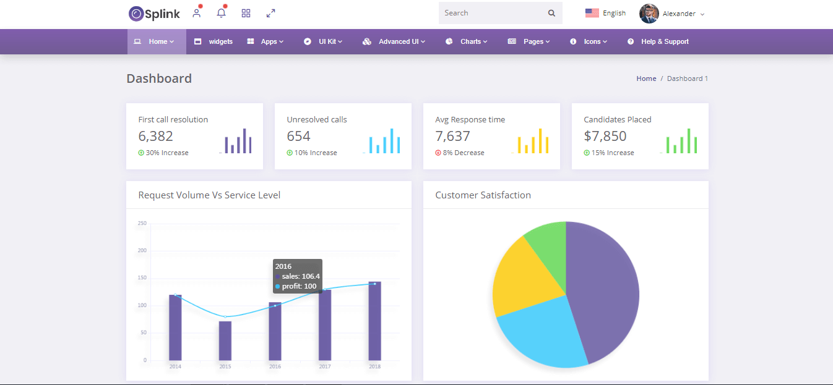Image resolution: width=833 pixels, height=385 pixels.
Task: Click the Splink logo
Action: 154,13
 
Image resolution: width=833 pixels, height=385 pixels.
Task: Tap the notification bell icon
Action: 221,13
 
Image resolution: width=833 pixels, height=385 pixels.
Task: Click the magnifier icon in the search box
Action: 551,13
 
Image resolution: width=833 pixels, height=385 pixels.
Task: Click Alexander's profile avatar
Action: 649,14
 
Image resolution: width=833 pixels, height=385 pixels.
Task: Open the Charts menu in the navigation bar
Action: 466,42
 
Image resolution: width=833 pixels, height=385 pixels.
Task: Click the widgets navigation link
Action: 214,42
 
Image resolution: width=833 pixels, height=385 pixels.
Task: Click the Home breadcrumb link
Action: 646,78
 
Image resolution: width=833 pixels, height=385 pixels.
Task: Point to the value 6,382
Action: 155,136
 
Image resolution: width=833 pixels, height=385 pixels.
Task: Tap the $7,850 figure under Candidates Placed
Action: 605,136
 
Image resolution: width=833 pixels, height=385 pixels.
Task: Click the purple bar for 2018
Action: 374,321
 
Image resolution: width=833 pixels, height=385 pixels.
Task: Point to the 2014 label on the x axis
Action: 175,366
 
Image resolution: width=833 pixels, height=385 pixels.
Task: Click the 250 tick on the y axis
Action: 142,223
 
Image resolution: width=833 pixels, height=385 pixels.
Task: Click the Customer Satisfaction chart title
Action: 483,195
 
